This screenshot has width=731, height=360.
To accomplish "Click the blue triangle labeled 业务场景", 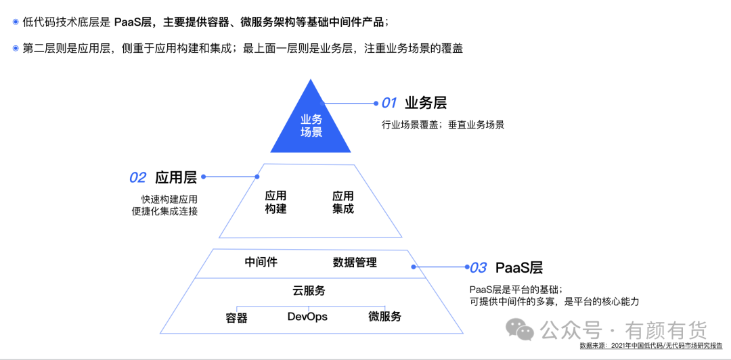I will pos(311,125).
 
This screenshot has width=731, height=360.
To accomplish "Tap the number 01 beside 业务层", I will pos(389,104).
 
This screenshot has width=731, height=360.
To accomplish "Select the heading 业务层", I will pos(426,103).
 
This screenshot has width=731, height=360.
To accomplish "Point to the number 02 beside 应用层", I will pos(137,177).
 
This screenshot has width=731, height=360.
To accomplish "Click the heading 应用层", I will pos(176,177).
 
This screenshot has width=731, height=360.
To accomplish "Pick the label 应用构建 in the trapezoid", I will pos(275,202).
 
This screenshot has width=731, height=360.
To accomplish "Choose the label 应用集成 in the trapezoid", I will pos(342,202).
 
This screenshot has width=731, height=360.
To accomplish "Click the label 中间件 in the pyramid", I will pos(261,262).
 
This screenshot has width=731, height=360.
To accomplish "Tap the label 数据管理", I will pos(355,262).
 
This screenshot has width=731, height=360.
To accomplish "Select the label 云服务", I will pos(309,291).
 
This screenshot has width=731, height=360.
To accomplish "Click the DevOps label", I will pos(307,317).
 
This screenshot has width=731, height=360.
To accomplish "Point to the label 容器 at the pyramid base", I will pos(236,317).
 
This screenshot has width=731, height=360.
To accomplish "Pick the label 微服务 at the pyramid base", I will pos(385,317).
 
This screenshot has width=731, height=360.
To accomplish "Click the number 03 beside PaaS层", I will pos(478,267).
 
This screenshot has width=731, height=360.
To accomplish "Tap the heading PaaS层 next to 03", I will pos(519,267).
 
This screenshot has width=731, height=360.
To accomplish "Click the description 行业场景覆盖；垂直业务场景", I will pos(443,125).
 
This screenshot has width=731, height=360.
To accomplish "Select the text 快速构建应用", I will pos(169,199).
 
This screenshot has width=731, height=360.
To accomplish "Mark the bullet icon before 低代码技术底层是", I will pos(16,22).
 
